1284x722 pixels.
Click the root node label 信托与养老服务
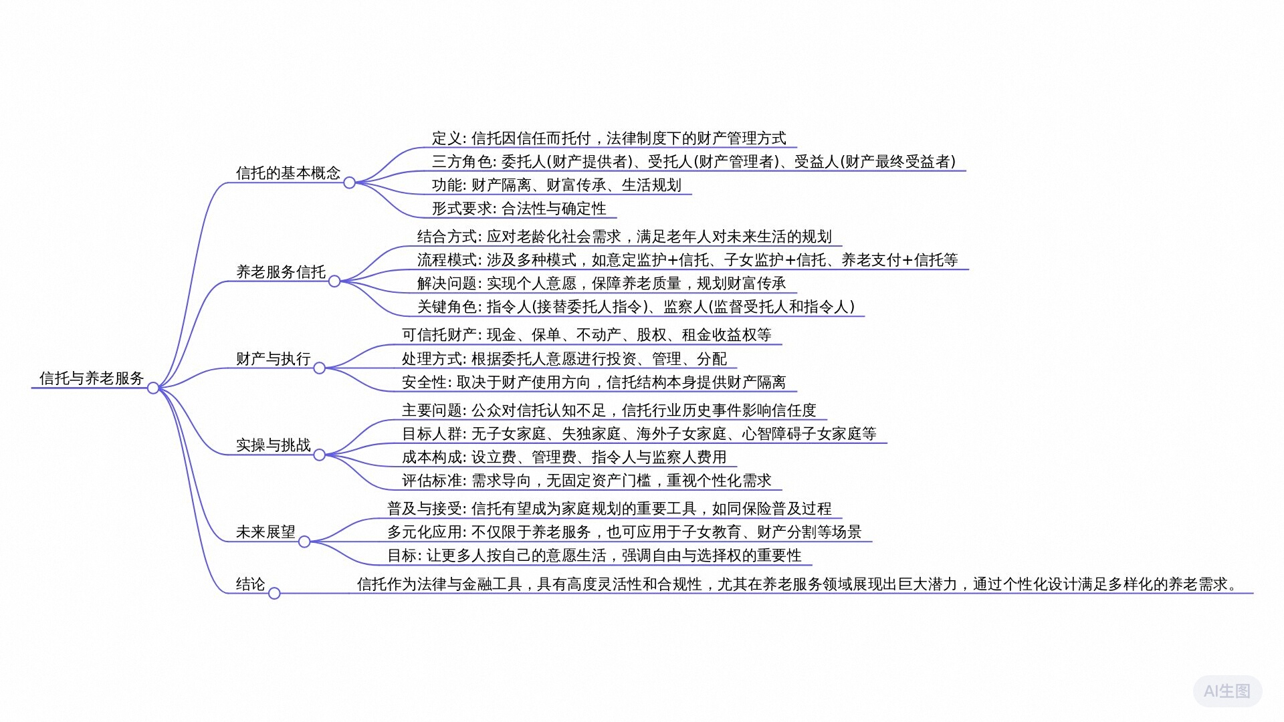tap(92, 378)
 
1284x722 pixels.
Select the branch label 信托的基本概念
tap(288, 173)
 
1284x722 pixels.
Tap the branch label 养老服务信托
tap(281, 272)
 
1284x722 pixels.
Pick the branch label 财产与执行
tap(274, 359)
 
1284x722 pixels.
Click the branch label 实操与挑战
tap(274, 445)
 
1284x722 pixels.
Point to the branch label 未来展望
tap(265, 532)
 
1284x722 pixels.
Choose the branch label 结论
tap(251, 584)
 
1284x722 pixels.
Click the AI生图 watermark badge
tap(1226, 691)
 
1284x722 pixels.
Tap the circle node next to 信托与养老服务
tap(153, 388)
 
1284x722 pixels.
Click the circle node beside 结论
tap(274, 594)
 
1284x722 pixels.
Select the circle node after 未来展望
tap(304, 541)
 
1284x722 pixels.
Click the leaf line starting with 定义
tap(609, 138)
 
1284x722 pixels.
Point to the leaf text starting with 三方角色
tap(693, 162)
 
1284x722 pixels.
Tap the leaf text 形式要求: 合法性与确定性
tap(519, 209)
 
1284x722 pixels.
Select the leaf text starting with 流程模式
tap(687, 260)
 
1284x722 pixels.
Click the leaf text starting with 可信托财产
tap(586, 335)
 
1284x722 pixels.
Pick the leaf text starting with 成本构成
tap(564, 457)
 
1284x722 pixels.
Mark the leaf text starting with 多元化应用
tap(624, 532)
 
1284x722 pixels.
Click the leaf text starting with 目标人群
tap(639, 434)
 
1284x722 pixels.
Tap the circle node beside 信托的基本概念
tap(349, 183)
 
